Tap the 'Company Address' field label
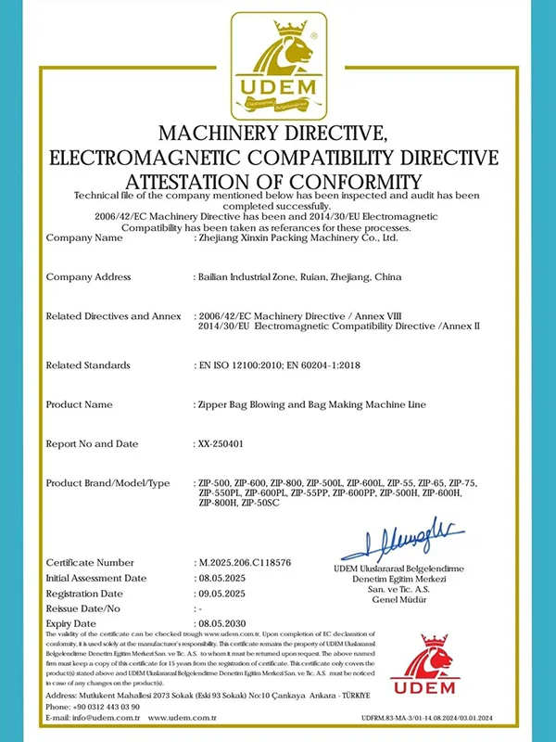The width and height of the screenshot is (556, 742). tap(88, 276)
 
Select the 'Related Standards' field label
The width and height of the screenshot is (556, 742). tap(89, 365)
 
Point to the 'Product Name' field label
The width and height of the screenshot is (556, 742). tap(79, 404)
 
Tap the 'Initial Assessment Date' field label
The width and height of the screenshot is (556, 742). tap(96, 577)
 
